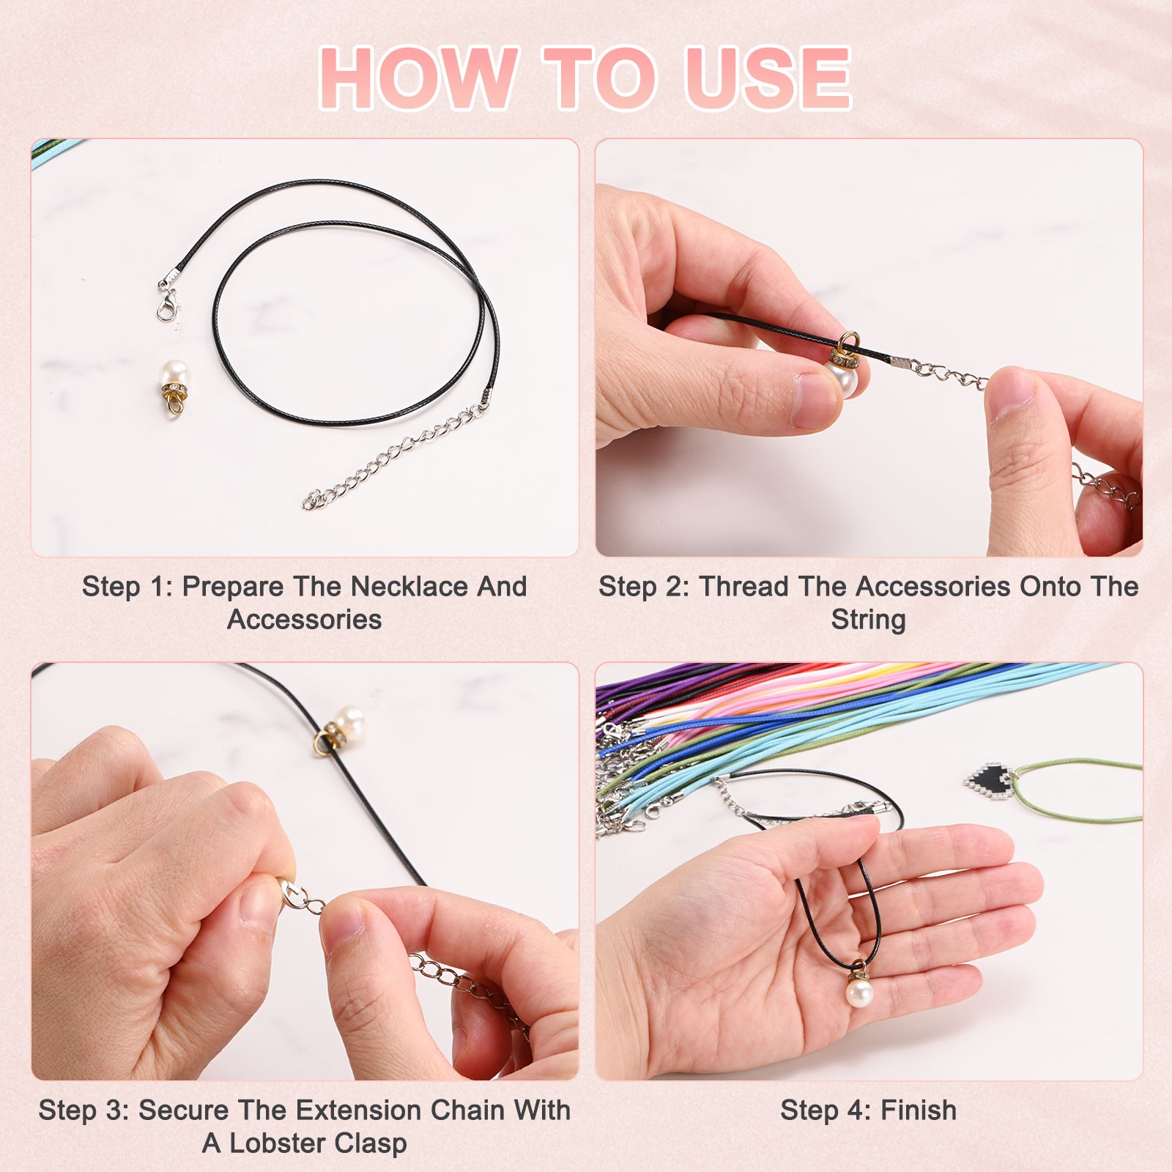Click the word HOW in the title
tap(419, 78)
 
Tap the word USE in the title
tap(767, 78)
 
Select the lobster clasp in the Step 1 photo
tap(168, 297)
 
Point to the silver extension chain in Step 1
tap(396, 454)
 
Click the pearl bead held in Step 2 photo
tap(845, 377)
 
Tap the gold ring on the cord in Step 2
tap(850, 341)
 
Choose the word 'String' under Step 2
tap(868, 620)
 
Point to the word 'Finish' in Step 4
tap(919, 1110)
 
